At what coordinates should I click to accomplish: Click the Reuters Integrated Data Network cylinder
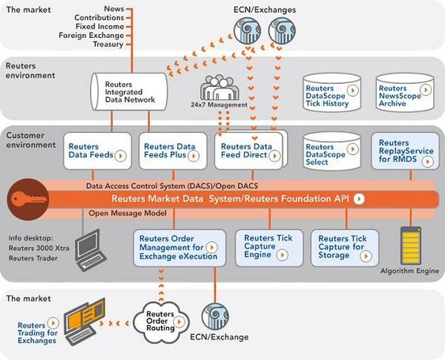129,92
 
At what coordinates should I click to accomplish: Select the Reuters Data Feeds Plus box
173,151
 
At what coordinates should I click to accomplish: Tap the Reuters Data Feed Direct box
249,151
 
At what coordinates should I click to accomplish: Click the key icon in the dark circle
28,199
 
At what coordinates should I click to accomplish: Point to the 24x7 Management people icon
219,88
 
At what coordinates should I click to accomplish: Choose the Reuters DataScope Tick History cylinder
332,93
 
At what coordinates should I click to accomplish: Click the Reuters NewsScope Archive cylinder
405,93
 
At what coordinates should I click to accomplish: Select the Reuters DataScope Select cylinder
332,151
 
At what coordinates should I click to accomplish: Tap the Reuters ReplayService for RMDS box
405,151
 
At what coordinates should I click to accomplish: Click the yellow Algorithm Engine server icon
410,245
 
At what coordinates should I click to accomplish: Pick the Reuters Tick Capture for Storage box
345,248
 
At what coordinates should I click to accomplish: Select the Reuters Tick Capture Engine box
270,248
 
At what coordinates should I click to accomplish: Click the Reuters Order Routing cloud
160,322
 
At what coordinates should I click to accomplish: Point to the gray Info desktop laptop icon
90,250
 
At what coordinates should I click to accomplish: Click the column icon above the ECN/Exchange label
215,316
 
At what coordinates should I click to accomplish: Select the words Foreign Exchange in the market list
91,36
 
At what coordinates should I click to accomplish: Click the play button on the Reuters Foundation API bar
359,199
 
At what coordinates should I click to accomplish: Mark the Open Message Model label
127,213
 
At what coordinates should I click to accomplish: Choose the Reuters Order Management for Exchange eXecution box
179,248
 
